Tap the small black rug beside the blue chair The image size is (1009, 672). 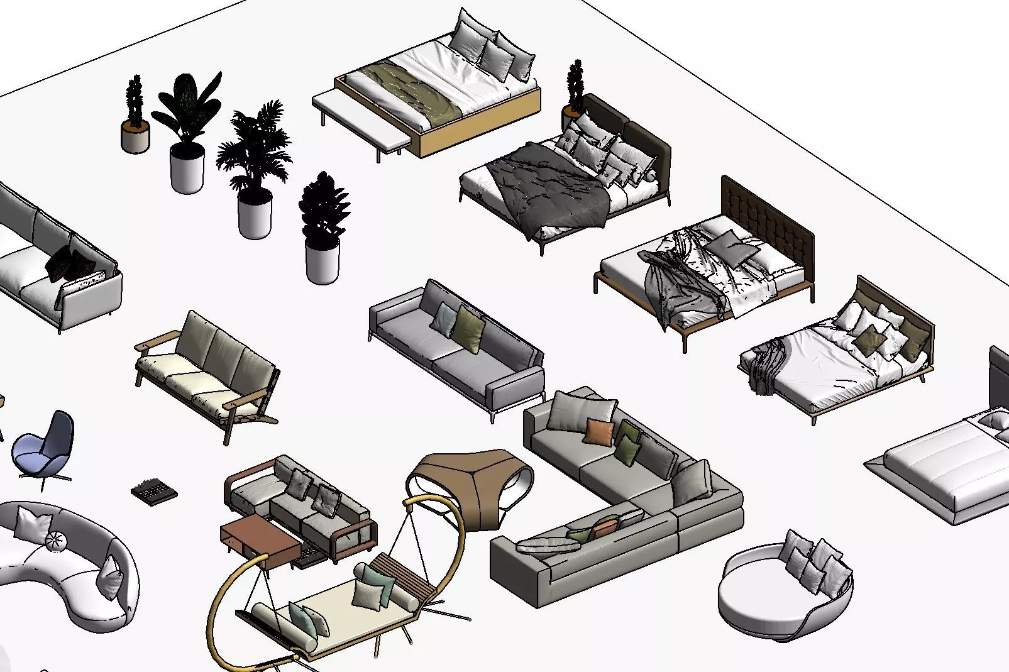[153, 490]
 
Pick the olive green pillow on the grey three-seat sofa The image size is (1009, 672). [470, 328]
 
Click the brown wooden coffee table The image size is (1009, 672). [260, 542]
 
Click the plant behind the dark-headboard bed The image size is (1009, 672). [574, 91]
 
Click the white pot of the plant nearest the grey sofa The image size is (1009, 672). [322, 261]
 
